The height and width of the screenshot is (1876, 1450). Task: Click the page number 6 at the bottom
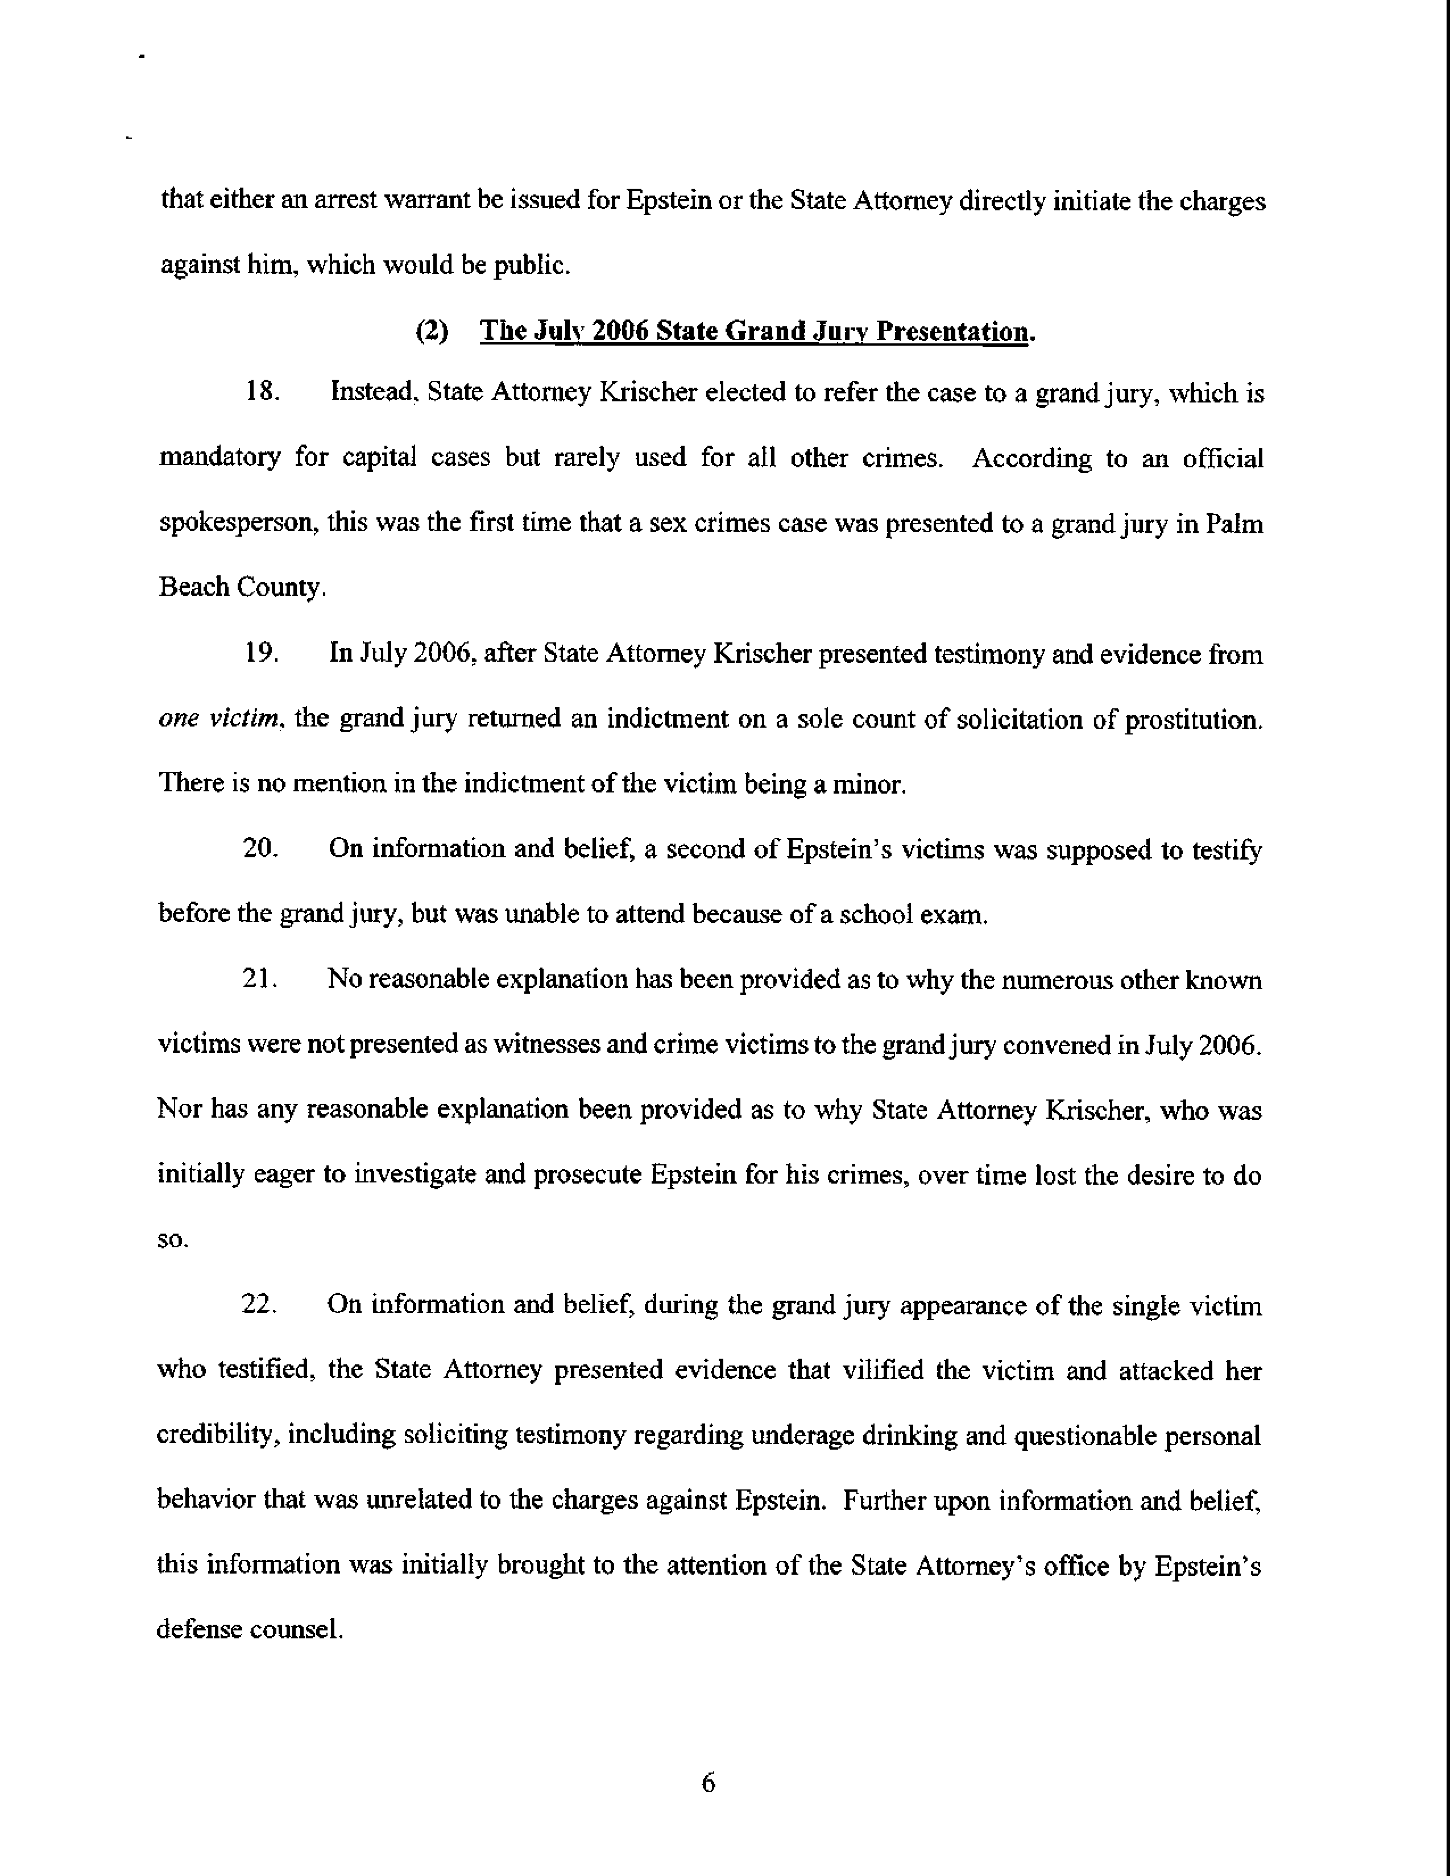708,1783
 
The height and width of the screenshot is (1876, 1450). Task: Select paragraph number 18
260,393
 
